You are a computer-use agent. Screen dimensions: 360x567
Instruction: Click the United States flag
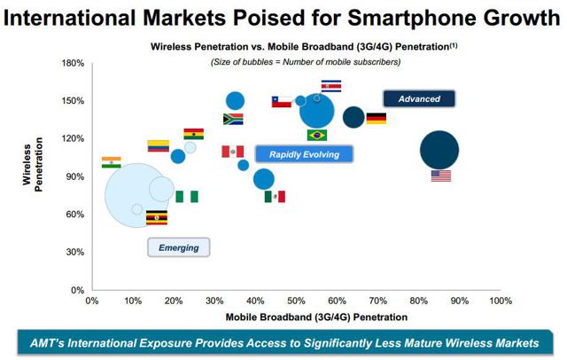point(441,176)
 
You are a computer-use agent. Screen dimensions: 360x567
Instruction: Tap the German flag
point(377,119)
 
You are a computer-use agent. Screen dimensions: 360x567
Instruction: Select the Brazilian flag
point(317,136)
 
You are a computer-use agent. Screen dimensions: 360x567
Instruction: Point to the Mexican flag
point(275,197)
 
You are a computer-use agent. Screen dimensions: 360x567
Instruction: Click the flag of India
point(111,162)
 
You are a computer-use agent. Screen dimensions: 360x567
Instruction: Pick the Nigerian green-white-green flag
point(186,197)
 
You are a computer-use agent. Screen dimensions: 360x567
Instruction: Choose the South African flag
point(233,119)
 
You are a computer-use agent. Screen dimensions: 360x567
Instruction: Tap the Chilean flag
point(282,102)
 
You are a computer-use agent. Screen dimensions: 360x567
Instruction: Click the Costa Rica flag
point(330,86)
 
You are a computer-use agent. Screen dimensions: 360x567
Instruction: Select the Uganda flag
point(157,218)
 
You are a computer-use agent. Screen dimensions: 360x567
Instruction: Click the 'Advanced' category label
point(419,99)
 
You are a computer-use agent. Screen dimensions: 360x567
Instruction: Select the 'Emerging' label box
point(178,247)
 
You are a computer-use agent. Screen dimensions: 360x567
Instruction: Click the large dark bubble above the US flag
point(439,150)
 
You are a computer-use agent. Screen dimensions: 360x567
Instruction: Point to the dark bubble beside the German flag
point(353,117)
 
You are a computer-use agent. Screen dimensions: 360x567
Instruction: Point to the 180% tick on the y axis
point(73,63)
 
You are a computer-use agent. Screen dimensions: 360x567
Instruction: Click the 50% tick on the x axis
point(296,301)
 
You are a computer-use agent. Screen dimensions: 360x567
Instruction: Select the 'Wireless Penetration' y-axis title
point(33,176)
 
